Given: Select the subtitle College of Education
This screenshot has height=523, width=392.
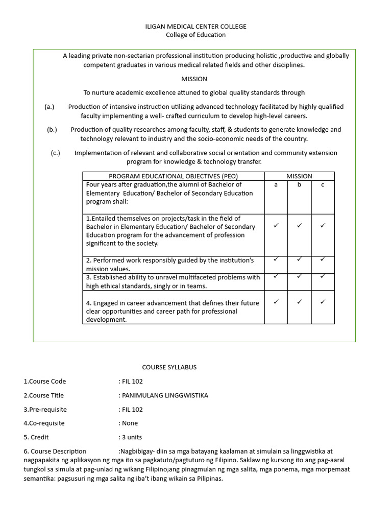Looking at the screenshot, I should (196, 35).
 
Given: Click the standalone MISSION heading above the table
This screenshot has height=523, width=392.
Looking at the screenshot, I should (194, 79).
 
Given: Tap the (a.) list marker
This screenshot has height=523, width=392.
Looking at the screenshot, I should (50, 107).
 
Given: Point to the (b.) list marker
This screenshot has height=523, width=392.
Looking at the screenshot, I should (52, 130).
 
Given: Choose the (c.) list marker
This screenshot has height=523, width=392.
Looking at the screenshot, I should (56, 153).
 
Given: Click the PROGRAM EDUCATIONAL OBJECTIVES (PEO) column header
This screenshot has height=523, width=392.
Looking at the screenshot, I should (174, 176).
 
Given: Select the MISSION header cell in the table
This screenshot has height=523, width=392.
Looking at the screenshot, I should (299, 176).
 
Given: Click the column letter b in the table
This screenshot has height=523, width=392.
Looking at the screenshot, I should (299, 185).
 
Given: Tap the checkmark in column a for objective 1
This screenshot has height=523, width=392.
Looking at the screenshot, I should (276, 225).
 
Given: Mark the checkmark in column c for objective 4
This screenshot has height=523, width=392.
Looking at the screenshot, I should (323, 302).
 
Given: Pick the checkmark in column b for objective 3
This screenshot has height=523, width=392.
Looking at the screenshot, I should (299, 276).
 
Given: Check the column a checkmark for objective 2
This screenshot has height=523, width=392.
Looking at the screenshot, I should (276, 259).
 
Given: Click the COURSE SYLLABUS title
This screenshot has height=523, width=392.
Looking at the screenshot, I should (169, 367).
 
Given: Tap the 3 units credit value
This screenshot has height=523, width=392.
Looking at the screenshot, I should (130, 437).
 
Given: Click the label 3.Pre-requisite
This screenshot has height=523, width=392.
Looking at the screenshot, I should (45, 410).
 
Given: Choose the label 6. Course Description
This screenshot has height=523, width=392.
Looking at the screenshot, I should (55, 451).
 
